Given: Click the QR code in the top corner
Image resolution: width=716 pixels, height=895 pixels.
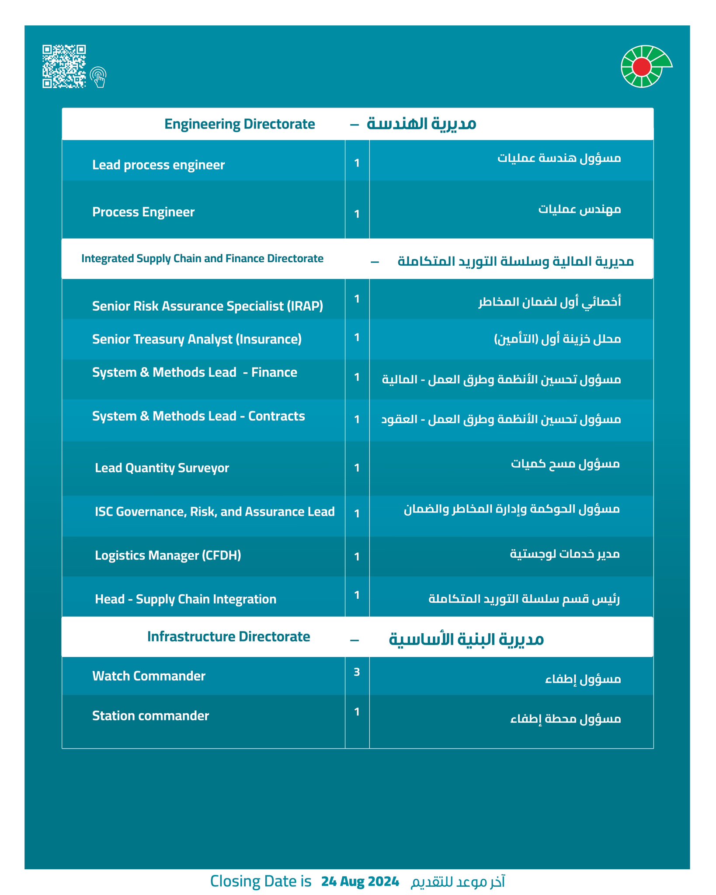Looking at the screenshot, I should pos(64,66).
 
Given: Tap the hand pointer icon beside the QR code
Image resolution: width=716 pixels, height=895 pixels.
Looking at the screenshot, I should pos(99,77).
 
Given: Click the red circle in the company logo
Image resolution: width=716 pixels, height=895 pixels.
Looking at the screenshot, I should pos(642,66).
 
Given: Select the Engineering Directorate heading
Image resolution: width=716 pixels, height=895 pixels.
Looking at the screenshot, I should pos(240,124).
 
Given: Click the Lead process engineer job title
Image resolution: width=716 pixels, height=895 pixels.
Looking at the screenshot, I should pos(158,165).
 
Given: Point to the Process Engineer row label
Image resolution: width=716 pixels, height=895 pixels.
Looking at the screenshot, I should pos(143,212).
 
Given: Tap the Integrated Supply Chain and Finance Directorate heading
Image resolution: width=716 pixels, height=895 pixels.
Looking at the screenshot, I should pos(202,259).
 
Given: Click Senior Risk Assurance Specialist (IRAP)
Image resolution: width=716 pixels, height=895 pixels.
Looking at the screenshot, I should pos(208,306).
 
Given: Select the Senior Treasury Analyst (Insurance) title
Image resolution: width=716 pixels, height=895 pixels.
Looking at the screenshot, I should pos(197,340).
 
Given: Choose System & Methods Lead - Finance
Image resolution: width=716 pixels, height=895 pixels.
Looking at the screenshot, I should pos(195,372).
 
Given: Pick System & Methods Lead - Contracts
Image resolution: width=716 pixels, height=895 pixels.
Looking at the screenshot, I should pos(198,416).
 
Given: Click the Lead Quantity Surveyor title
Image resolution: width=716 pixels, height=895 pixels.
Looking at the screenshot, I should pos(162,468).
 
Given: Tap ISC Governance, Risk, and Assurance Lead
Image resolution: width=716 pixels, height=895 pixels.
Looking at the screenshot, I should pos(215,512).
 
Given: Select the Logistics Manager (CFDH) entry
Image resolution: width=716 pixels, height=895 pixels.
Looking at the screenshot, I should pos(168,555).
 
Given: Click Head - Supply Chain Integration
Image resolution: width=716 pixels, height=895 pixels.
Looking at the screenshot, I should pos(185,599).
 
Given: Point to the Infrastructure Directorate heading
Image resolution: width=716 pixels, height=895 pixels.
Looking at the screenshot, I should pos(229,637).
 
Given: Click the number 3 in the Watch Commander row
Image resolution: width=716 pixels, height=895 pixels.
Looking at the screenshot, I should pos(357,672).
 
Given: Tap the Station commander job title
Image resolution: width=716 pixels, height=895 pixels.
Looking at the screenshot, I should pos(150,716).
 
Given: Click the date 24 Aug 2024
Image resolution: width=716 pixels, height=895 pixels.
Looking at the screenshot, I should pos(360,881).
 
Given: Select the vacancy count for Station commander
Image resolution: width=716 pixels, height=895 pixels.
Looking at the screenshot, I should pos(357,712).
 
